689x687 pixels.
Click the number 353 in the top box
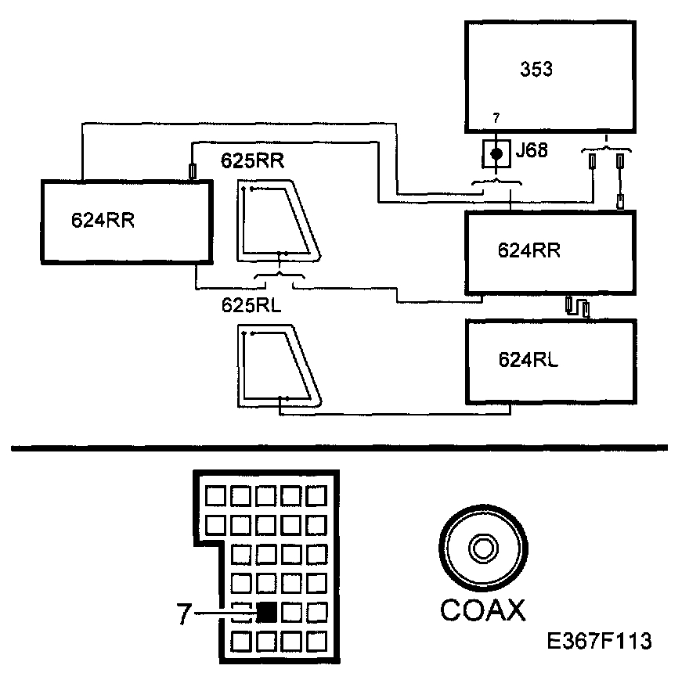[536, 69]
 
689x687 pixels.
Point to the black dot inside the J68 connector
[495, 153]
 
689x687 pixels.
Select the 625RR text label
[252, 162]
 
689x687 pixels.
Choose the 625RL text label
[251, 304]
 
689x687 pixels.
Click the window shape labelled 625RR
[278, 221]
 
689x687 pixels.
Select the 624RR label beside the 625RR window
[103, 219]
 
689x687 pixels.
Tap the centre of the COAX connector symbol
[481, 547]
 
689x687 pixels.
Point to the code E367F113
[600, 642]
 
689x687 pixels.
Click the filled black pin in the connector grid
[268, 612]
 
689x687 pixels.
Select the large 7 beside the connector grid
[183, 614]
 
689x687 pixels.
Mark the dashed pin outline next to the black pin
[242, 612]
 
